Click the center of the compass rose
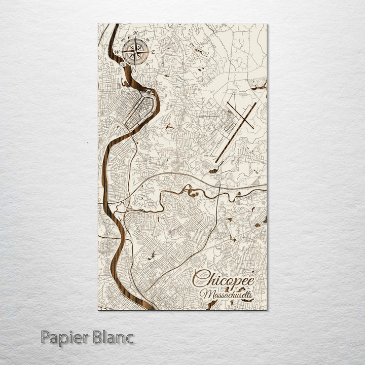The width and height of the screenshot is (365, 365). [x=135, y=50]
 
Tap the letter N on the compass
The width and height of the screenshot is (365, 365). [x=135, y=33]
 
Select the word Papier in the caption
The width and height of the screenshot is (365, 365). [x=64, y=337]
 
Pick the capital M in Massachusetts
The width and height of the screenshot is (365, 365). [x=205, y=294]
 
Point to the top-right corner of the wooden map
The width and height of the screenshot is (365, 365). [x=267, y=24]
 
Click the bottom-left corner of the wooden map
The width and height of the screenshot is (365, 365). [x=98, y=309]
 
